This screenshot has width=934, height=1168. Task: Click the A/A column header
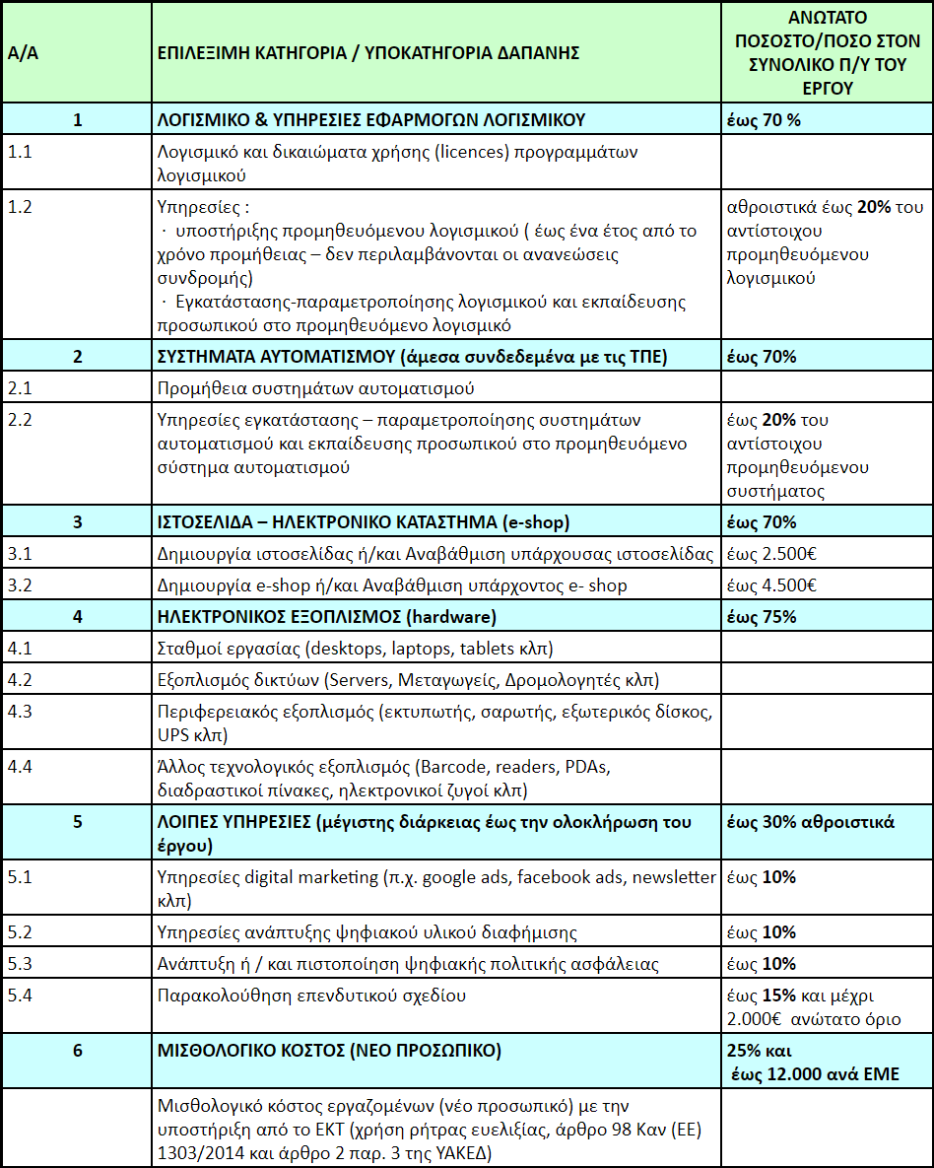pos(23,52)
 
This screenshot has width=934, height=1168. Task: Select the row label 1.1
pos(21,152)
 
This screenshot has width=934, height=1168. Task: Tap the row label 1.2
pos(21,207)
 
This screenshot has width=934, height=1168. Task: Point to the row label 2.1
pos(21,388)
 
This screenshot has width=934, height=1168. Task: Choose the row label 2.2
pos(21,420)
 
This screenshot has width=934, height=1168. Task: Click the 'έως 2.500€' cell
pos(771,554)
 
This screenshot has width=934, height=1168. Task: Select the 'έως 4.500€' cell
pos(771,585)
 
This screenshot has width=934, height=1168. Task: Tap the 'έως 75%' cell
pos(761,617)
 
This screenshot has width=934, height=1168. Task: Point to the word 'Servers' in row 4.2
pos(360,680)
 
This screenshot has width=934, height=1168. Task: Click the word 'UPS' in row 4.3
pos(174,735)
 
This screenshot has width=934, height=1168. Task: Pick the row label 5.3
pos(21,964)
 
